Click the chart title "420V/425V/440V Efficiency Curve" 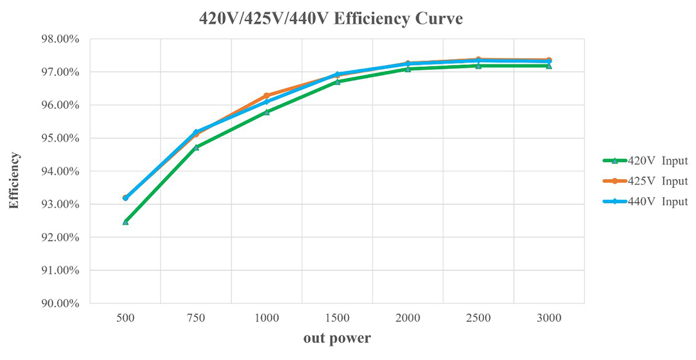click(x=331, y=19)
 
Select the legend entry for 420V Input click(x=645, y=160)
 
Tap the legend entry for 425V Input click(x=645, y=181)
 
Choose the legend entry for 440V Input click(x=645, y=202)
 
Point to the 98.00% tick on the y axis click(x=59, y=39)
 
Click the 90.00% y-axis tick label click(x=59, y=304)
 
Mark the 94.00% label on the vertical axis click(x=59, y=171)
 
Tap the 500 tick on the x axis click(x=125, y=318)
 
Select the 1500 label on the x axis click(x=337, y=318)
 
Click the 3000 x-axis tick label click(x=548, y=318)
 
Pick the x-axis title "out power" click(x=337, y=338)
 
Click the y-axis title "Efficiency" click(x=14, y=180)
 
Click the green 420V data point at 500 click(x=125, y=222)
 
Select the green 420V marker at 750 click(x=196, y=147)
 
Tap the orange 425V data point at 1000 click(x=266, y=96)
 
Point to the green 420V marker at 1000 click(x=266, y=111)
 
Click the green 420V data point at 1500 click(x=337, y=82)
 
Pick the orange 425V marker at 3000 click(x=548, y=60)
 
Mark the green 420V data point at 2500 click(x=478, y=66)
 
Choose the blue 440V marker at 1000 click(x=266, y=102)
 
